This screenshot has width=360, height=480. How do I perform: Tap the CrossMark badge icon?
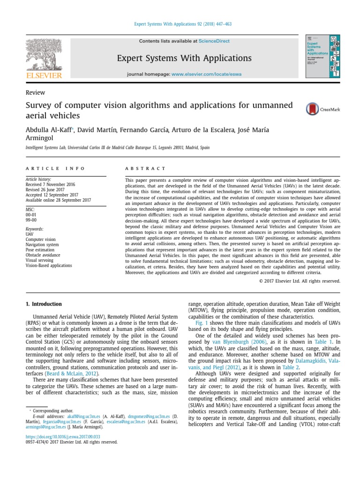click(312, 109)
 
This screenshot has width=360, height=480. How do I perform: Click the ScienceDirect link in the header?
click(214, 41)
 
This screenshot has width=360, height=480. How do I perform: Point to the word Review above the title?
click(33, 93)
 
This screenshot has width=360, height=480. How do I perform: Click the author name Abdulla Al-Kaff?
click(50, 130)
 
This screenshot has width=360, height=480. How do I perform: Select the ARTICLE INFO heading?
click(55, 168)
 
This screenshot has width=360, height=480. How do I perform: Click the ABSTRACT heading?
click(145, 168)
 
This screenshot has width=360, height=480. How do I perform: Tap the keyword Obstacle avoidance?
click(43, 255)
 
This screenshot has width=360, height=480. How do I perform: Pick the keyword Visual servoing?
click(40, 260)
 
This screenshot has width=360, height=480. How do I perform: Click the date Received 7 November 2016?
click(52, 184)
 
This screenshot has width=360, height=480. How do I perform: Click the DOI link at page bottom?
click(62, 436)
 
